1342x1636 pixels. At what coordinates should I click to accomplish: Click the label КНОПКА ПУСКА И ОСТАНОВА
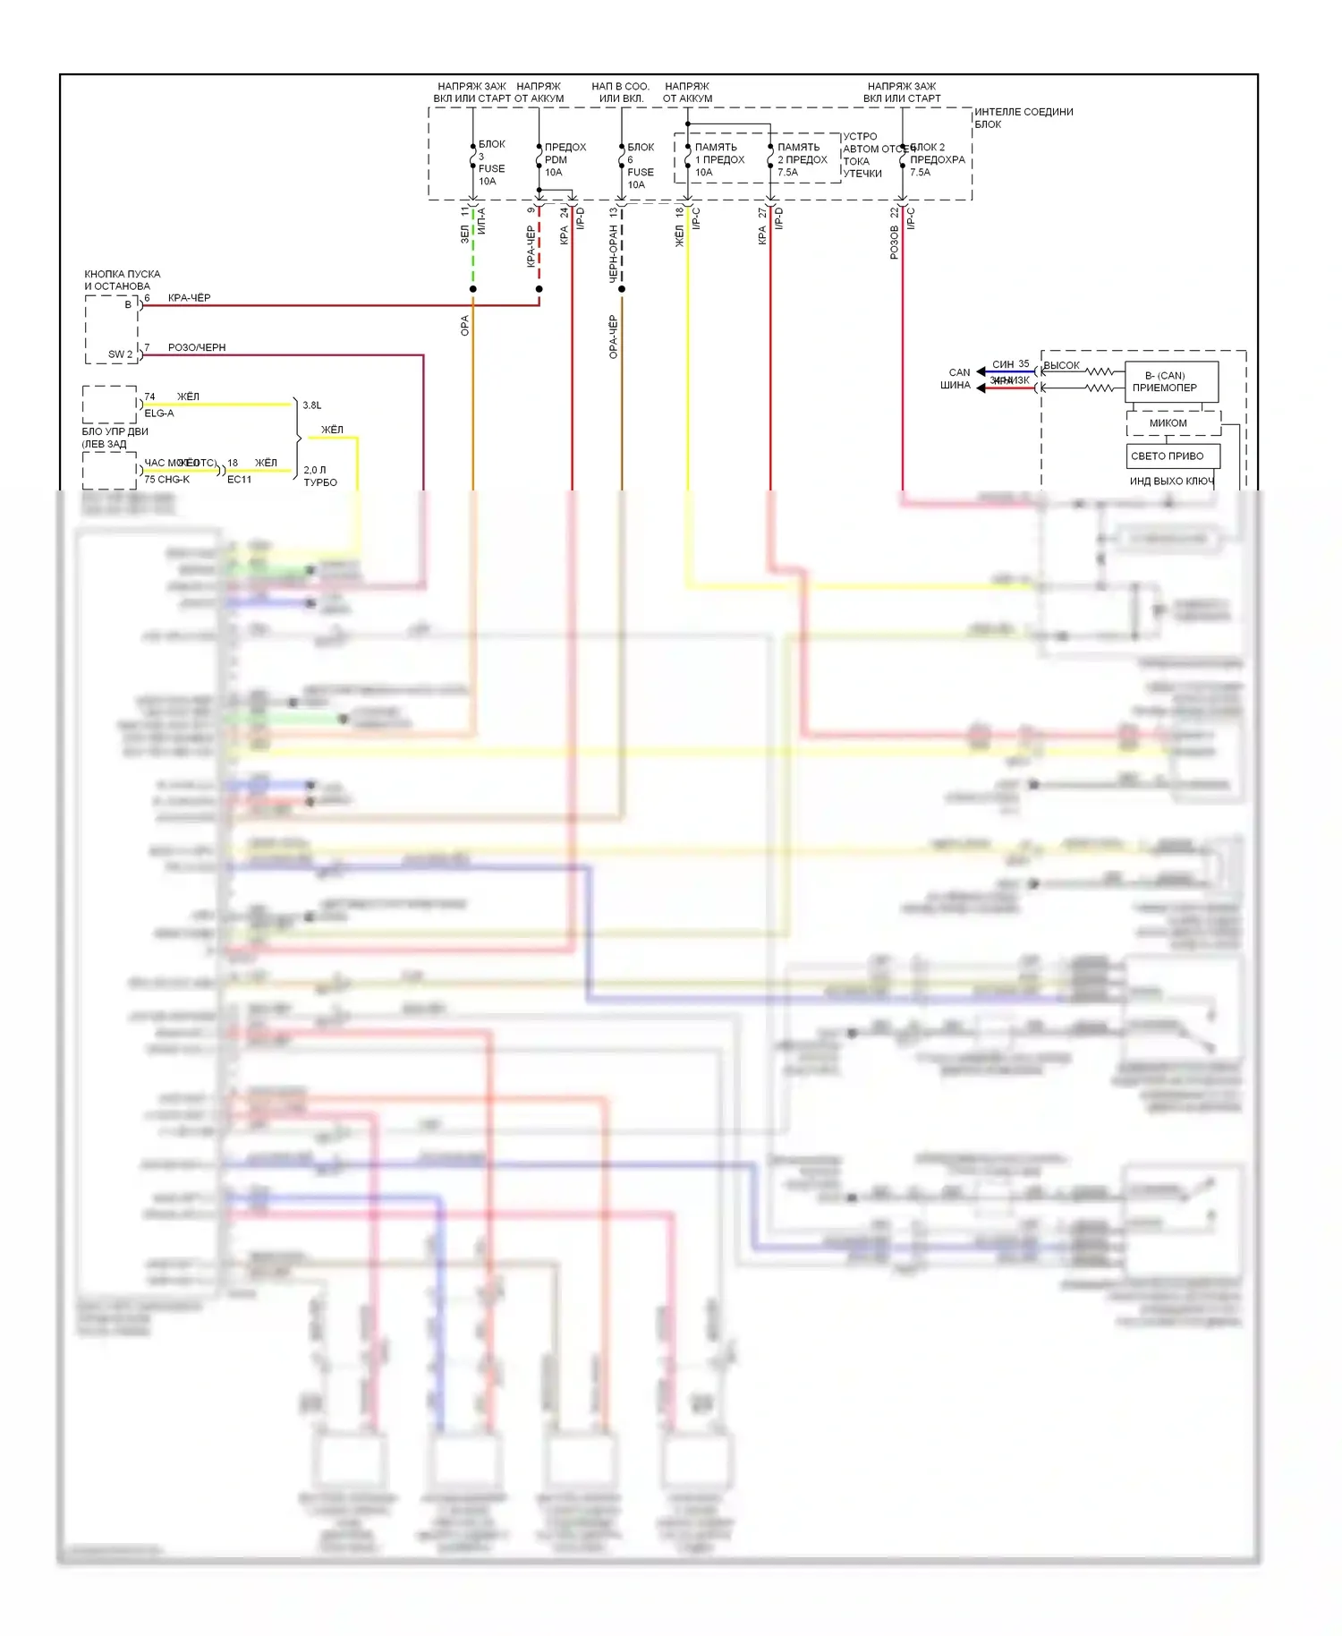(x=123, y=280)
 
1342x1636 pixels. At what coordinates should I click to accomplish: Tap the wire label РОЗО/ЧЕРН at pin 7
(x=197, y=347)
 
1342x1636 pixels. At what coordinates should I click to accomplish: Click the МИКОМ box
(x=1168, y=423)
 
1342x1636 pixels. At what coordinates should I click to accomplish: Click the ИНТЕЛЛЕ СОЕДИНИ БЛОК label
(x=1023, y=117)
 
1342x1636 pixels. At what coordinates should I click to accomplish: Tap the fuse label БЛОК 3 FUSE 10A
(x=490, y=163)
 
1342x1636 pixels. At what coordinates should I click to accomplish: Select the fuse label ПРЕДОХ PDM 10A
(x=564, y=159)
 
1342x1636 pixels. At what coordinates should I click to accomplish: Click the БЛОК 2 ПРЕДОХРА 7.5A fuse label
(x=936, y=159)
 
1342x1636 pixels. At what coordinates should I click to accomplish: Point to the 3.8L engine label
(x=311, y=405)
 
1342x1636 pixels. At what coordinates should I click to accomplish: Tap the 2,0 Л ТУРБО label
(x=319, y=476)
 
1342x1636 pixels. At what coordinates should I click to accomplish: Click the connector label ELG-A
(x=159, y=413)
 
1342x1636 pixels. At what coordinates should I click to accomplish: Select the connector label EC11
(x=239, y=480)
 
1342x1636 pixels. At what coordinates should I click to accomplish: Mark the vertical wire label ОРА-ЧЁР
(x=613, y=337)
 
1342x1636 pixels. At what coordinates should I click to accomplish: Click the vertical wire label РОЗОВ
(x=894, y=243)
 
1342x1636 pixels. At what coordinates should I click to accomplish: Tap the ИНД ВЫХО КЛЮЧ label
(x=1171, y=481)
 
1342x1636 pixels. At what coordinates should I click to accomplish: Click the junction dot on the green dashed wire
(x=472, y=289)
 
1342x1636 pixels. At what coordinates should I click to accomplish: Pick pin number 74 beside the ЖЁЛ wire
(x=149, y=396)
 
